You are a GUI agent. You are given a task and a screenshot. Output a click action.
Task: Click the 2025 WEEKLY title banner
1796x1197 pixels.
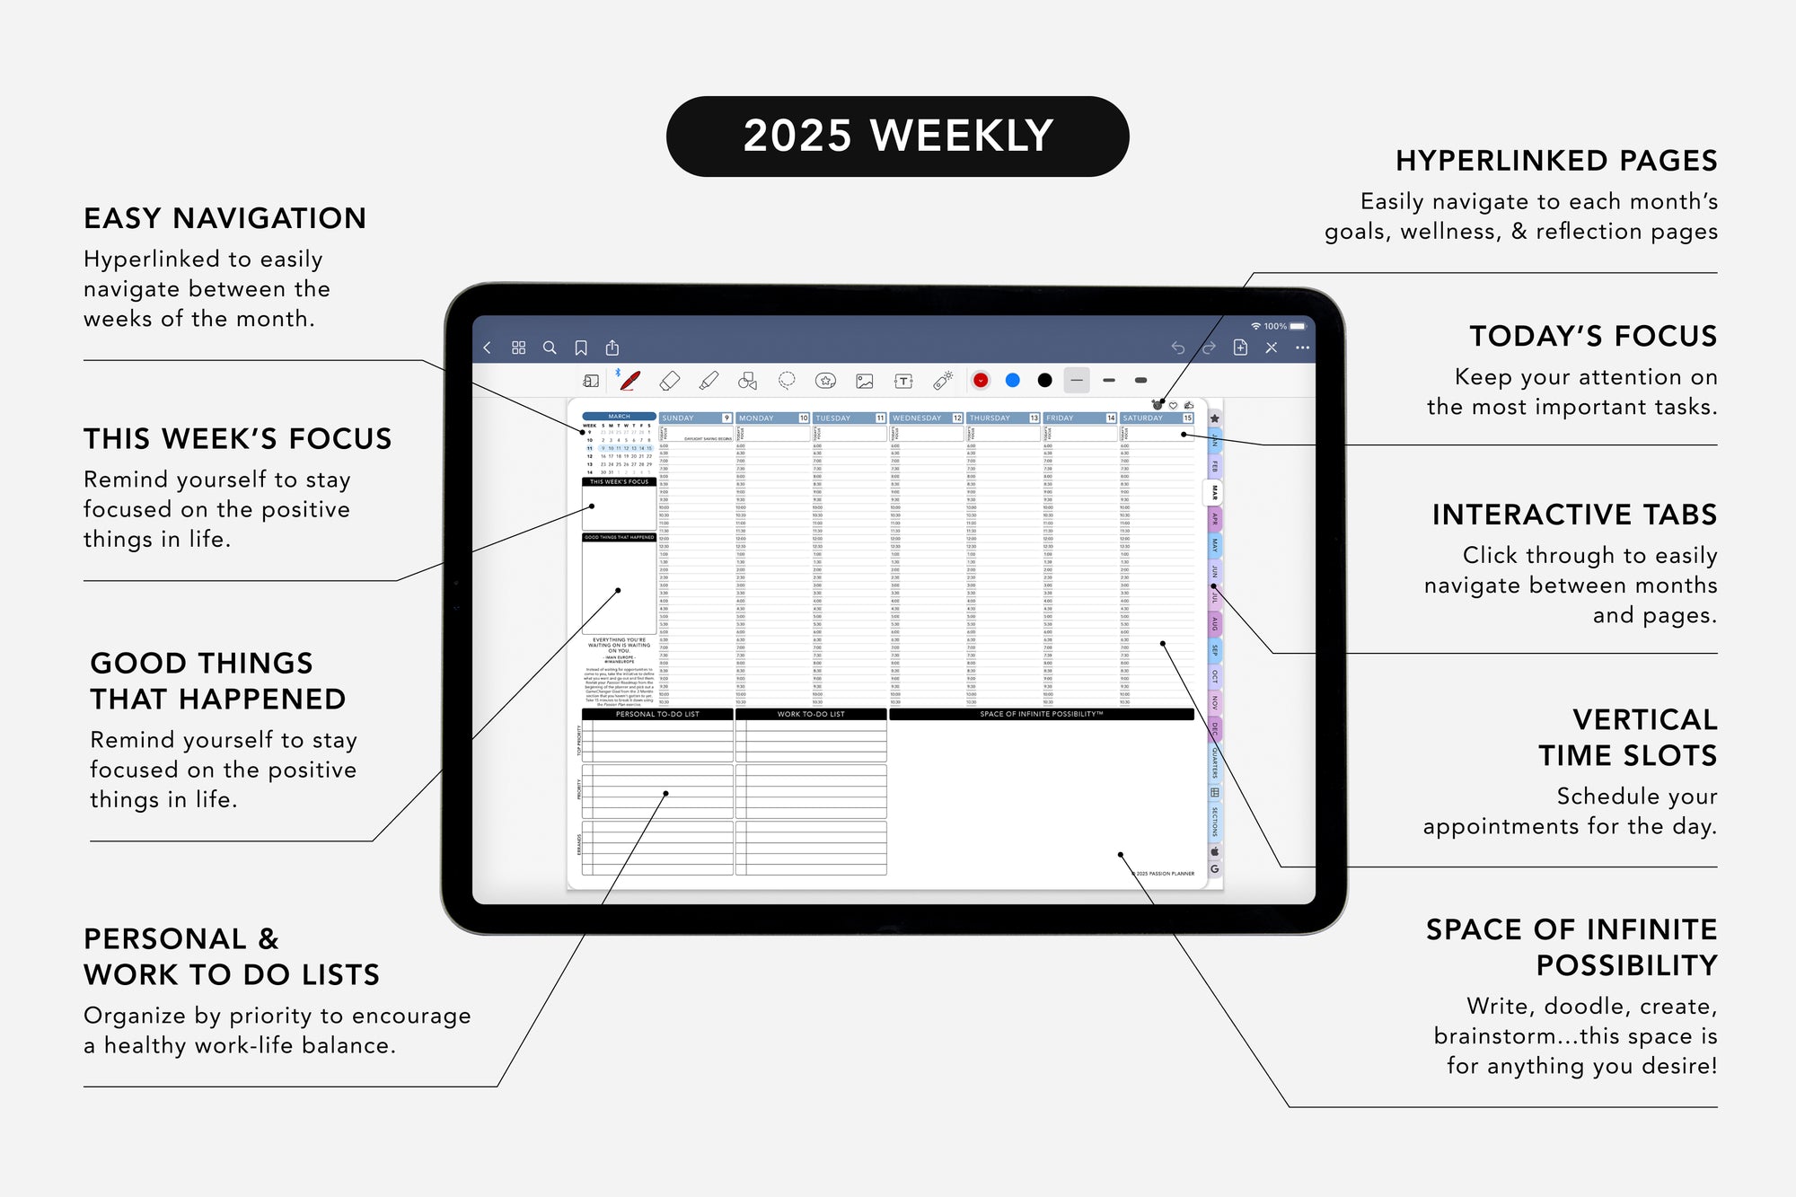[897, 136]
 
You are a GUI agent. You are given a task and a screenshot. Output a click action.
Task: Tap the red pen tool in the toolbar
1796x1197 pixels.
[630, 381]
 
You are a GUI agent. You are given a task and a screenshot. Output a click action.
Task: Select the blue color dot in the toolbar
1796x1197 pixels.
[1012, 381]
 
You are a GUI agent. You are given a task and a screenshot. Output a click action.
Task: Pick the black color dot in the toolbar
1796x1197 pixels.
[1044, 381]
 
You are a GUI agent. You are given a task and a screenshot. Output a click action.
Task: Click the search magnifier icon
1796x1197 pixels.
[550, 348]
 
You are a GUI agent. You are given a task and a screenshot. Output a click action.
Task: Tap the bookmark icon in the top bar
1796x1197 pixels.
[581, 348]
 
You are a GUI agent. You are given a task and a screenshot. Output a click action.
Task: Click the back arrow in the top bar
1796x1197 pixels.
[488, 348]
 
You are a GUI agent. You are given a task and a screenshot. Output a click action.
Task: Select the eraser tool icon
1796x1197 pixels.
[670, 381]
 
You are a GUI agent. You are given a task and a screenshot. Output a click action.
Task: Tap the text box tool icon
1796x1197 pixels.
[903, 381]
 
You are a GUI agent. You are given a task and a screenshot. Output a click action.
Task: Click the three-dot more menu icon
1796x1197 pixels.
[1302, 348]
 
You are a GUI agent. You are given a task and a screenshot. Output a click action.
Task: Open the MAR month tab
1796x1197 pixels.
[1214, 492]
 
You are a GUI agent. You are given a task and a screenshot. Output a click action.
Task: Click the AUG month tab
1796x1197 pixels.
[1214, 623]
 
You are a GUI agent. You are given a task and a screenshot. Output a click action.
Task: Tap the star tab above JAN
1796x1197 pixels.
[1214, 418]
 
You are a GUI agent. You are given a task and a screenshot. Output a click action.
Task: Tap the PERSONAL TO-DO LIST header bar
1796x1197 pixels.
[657, 715]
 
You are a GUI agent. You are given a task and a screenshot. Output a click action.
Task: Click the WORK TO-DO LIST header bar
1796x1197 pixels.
[811, 715]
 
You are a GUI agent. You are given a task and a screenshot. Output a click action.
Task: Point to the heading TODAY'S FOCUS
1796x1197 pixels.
[1592, 337]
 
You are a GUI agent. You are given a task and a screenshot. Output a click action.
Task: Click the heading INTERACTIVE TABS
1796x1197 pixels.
[1573, 515]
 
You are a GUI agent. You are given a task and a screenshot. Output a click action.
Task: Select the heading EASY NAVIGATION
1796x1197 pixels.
[224, 219]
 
